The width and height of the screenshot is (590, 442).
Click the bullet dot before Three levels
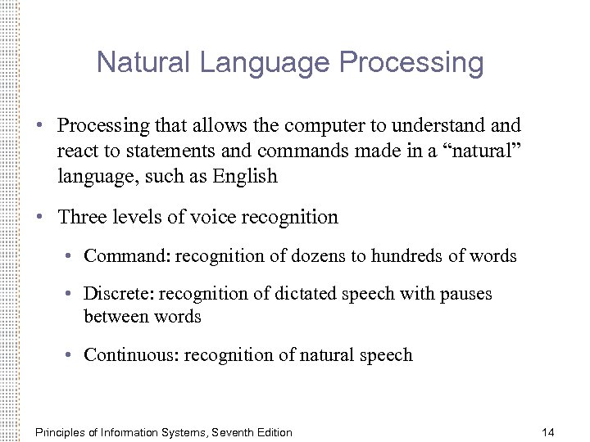click(39, 218)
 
